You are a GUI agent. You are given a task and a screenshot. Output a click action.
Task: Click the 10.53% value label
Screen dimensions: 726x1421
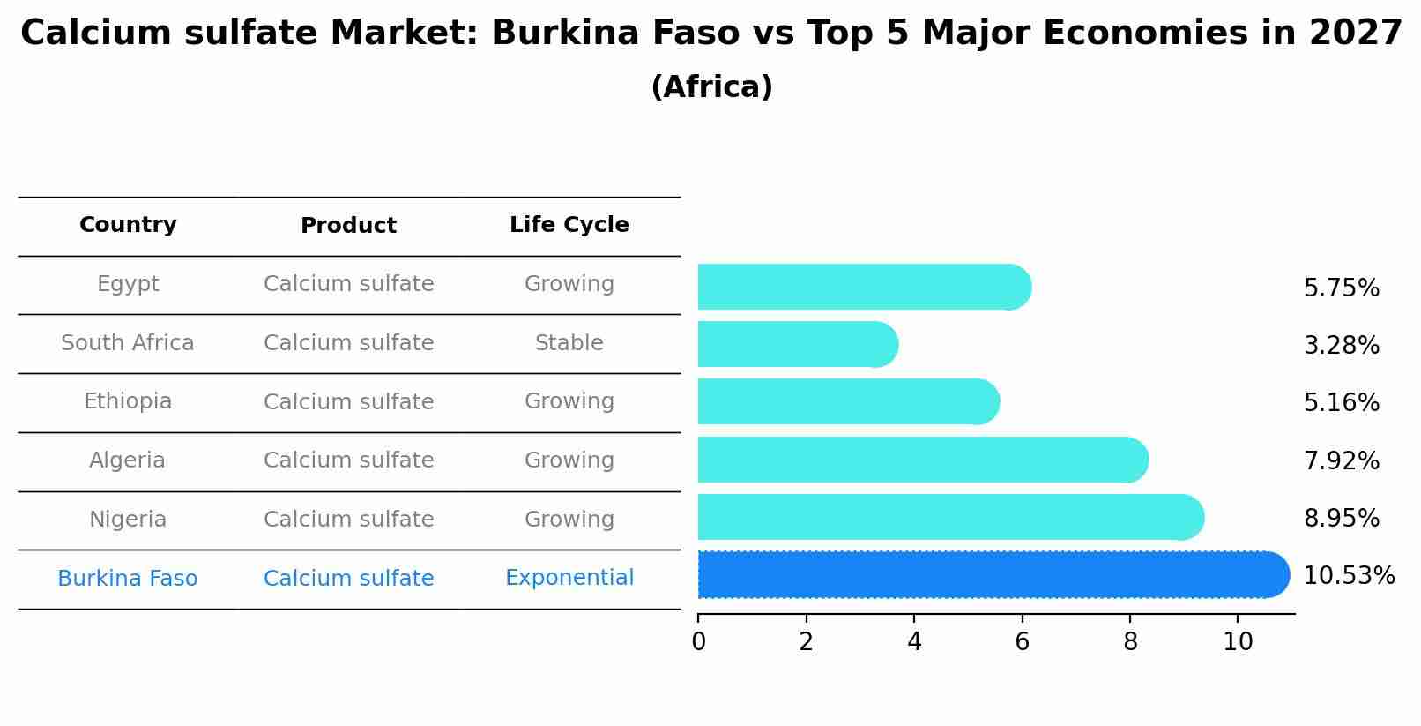click(x=1348, y=576)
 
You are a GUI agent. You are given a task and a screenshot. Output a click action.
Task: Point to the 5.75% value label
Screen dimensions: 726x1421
click(x=1341, y=288)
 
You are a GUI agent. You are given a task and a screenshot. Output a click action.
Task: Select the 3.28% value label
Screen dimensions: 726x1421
click(x=1341, y=346)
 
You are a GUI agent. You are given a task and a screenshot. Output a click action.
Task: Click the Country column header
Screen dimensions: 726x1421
click(x=128, y=225)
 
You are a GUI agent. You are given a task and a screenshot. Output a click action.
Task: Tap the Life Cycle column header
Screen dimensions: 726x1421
click(x=569, y=225)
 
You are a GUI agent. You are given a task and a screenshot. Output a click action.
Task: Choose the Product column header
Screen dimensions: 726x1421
click(x=348, y=226)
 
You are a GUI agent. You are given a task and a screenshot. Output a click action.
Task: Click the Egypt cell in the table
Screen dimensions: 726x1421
click(x=128, y=284)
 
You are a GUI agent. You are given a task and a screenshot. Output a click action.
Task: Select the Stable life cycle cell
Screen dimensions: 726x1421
click(x=569, y=343)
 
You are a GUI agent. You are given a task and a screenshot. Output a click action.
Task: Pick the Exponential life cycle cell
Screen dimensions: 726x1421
click(x=569, y=578)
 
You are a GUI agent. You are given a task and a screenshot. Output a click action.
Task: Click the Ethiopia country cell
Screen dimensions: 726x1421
click(x=128, y=401)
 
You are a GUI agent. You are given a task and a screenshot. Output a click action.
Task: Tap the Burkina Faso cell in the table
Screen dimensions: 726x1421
click(x=128, y=579)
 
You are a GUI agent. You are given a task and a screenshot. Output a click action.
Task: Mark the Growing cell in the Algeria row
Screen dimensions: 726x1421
click(x=569, y=460)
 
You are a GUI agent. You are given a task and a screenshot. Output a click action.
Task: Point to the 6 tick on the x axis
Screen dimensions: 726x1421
click(x=1022, y=641)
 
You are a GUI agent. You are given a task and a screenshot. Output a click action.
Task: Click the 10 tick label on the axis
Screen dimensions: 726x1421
click(x=1238, y=641)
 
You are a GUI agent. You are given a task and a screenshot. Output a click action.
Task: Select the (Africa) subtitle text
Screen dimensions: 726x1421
click(x=711, y=87)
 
